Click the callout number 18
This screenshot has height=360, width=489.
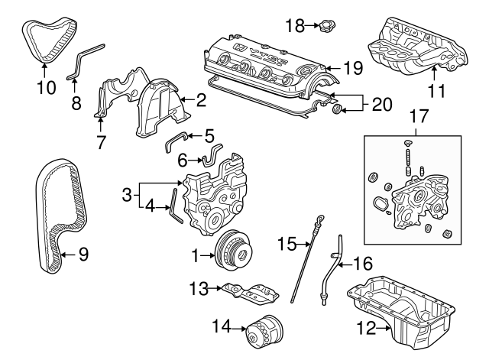294,26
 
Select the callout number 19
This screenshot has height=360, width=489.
351,68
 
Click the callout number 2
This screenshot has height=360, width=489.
201,99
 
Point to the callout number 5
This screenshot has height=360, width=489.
209,136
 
